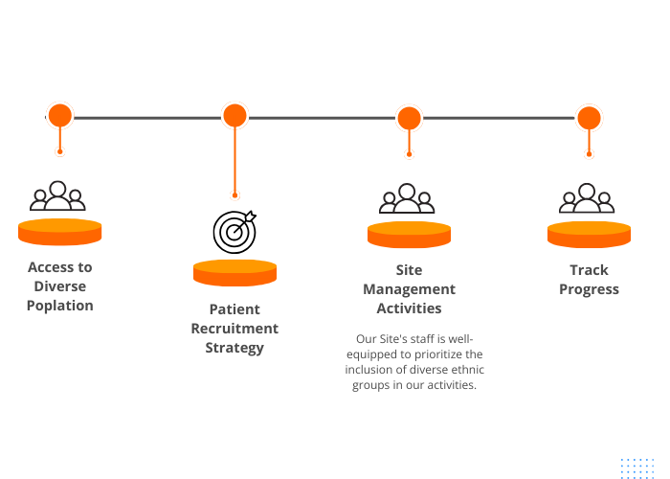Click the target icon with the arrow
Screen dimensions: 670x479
pyautogui.click(x=234, y=232)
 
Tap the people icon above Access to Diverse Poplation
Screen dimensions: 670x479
pyautogui.click(x=57, y=195)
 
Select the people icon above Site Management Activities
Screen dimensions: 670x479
pyautogui.click(x=407, y=198)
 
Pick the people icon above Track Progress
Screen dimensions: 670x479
pyautogui.click(x=587, y=198)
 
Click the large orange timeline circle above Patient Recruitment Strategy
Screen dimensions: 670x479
pyautogui.click(x=234, y=116)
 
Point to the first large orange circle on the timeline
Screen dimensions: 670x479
pyautogui.click(x=60, y=115)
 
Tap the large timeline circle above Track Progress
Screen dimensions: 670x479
pyautogui.click(x=589, y=118)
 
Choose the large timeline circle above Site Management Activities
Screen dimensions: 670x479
pyautogui.click(x=409, y=118)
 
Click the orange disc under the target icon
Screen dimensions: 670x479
pyautogui.click(x=234, y=273)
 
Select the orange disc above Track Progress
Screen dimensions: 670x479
pyautogui.click(x=589, y=235)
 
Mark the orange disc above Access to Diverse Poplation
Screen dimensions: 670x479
pyautogui.click(x=59, y=232)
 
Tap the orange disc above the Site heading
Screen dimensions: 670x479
pyautogui.click(x=409, y=235)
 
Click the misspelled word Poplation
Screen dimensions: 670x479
pyautogui.click(x=59, y=306)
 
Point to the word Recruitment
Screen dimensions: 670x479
pyautogui.click(x=234, y=329)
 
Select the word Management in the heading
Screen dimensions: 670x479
pyautogui.click(x=409, y=289)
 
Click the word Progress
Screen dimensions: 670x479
pyautogui.click(x=589, y=289)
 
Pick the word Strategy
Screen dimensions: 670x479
pyautogui.click(x=234, y=348)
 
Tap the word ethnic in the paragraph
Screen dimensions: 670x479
pyautogui.click(x=467, y=370)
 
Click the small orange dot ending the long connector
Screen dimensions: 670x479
pyautogui.click(x=234, y=195)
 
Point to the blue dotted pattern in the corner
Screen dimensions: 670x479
pyautogui.click(x=637, y=468)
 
